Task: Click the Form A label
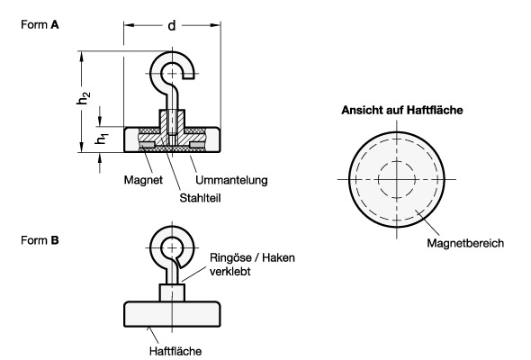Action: pos(40,24)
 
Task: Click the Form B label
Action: pos(40,240)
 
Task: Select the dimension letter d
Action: pos(172,25)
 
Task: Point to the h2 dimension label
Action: pos(84,98)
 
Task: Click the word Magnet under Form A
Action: pos(143,180)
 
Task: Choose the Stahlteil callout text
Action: pos(200,198)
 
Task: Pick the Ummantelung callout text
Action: pos(231,180)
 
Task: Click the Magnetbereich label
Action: pos(465,243)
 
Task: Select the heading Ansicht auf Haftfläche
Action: pos(402,110)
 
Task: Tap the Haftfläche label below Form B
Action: pos(175,351)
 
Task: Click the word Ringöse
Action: pos(229,257)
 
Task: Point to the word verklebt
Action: pos(229,272)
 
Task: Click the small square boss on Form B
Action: pos(172,292)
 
